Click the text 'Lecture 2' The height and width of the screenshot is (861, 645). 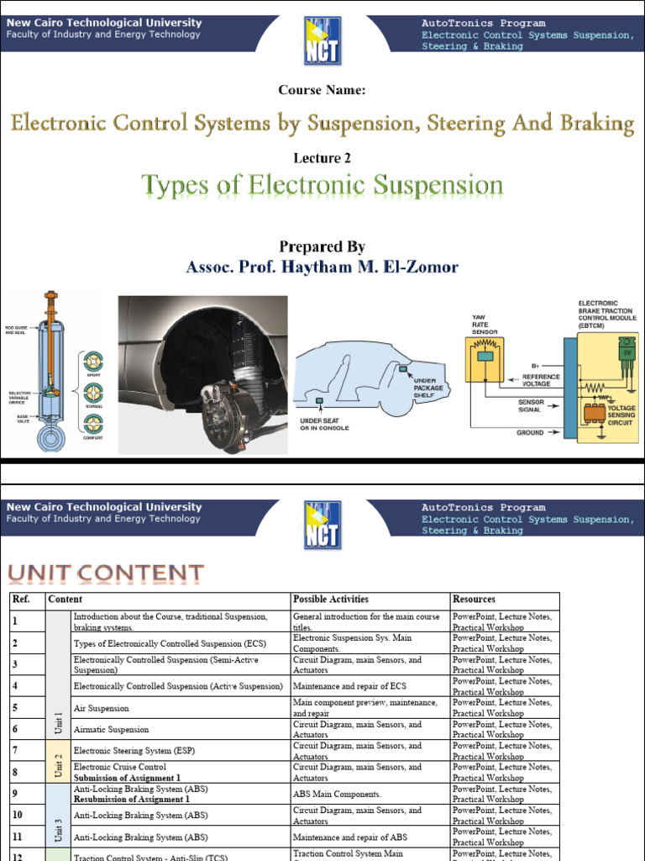click(322, 158)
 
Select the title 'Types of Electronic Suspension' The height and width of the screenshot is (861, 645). click(322, 185)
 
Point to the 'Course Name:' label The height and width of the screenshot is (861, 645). click(322, 90)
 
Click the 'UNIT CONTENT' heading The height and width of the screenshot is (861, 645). click(106, 574)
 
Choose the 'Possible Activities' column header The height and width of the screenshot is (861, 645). click(330, 600)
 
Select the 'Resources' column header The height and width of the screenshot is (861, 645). click(474, 600)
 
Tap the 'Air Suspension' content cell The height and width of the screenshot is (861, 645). click(101, 708)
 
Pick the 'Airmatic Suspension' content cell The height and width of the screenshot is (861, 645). click(111, 730)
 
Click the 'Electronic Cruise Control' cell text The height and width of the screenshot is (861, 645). click(120, 767)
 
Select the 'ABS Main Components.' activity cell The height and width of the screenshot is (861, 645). click(336, 794)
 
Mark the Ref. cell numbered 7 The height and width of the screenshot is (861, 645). click(15, 748)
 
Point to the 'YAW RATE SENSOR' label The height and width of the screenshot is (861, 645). click(485, 324)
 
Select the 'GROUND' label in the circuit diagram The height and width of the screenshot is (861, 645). click(529, 433)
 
